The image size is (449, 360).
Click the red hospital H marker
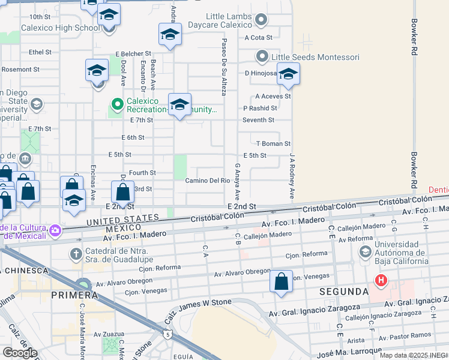pos(380,280)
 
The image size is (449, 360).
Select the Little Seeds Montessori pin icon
pos(262,57)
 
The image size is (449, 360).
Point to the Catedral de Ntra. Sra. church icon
pos(76,254)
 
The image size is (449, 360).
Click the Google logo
pos(19,353)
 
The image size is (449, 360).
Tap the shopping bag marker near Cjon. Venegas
pos(281,282)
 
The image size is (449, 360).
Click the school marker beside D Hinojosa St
pos(288,74)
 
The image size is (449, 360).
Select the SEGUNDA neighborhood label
pos(344,291)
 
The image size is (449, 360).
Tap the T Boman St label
pos(273,143)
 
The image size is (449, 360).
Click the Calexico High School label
pos(60,28)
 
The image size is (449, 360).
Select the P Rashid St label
pos(260,108)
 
